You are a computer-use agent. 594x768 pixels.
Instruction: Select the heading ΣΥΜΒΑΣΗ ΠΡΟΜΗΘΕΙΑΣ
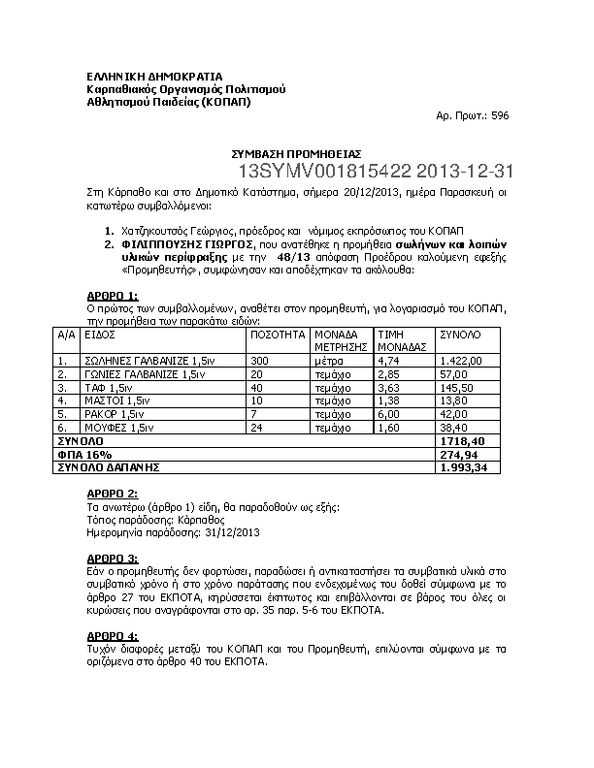[x=296, y=153]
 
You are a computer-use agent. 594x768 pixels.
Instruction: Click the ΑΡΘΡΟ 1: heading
[x=113, y=296]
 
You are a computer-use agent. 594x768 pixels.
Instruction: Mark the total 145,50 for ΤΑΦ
[x=455, y=387]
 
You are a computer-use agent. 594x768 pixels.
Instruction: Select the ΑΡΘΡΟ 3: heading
[x=113, y=560]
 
